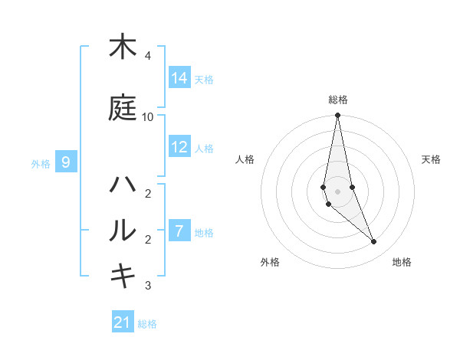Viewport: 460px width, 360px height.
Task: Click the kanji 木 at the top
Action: click(122, 47)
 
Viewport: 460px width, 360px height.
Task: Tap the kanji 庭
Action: click(122, 108)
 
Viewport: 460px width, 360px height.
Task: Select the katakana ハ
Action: click(122, 185)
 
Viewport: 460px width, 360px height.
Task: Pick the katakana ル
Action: click(122, 231)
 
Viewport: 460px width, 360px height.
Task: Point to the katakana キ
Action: click(122, 277)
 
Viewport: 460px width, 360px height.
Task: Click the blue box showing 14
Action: click(179, 78)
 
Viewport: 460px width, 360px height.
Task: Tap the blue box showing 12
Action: click(179, 147)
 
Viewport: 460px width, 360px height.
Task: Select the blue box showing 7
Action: click(179, 231)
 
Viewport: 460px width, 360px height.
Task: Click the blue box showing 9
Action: click(66, 162)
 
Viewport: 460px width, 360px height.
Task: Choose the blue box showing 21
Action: click(123, 322)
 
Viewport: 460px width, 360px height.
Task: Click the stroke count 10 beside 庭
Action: click(148, 117)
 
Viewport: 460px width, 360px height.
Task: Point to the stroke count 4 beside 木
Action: click(148, 56)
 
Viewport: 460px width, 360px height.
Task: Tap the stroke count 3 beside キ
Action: click(148, 286)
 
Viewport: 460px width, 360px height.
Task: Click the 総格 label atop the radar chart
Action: click(338, 100)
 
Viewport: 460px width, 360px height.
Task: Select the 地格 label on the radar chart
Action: click(402, 263)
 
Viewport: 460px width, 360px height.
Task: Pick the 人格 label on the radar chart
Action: click(245, 159)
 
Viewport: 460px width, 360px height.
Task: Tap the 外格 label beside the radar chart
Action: click(269, 263)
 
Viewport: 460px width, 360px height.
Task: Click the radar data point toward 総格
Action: click(338, 116)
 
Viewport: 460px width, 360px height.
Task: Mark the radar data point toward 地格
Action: click(374, 242)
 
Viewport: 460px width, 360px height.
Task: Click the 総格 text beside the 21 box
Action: click(148, 324)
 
